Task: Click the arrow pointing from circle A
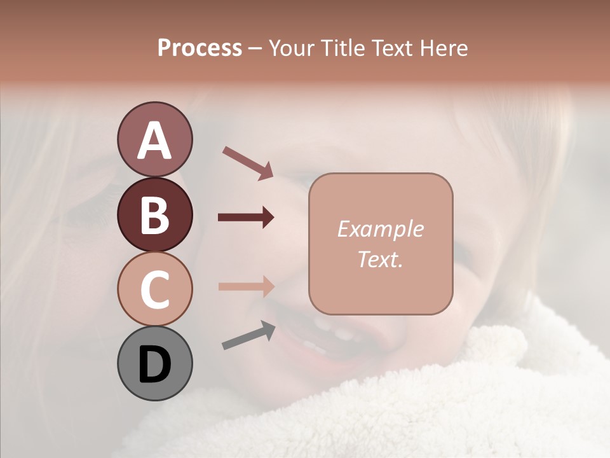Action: (x=248, y=163)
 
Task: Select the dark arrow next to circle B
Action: (x=246, y=218)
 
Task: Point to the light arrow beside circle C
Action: (x=246, y=286)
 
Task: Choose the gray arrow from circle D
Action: (x=248, y=335)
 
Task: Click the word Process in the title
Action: (x=200, y=48)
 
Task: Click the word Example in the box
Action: (x=380, y=229)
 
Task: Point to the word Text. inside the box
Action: (x=380, y=260)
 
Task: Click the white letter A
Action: (x=154, y=141)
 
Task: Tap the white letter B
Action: (x=154, y=215)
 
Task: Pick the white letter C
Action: (x=154, y=289)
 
